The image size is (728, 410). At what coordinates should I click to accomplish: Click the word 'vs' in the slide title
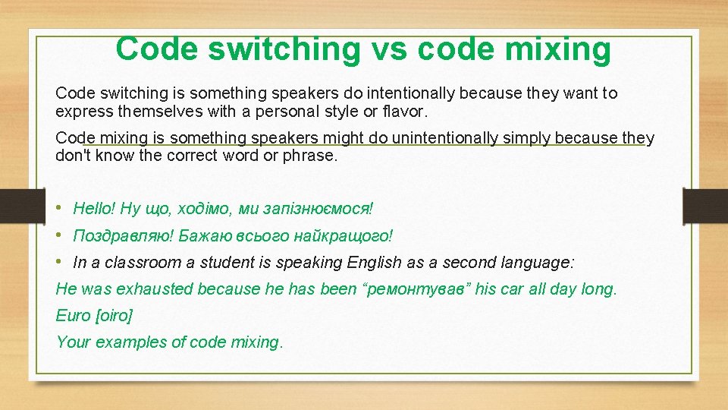(389, 49)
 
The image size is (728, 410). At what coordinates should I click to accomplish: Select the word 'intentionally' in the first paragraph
(410, 93)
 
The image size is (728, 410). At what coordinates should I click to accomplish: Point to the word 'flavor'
(406, 112)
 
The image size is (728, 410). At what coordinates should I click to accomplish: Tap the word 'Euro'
(72, 315)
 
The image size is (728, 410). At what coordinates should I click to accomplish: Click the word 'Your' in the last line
(73, 342)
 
